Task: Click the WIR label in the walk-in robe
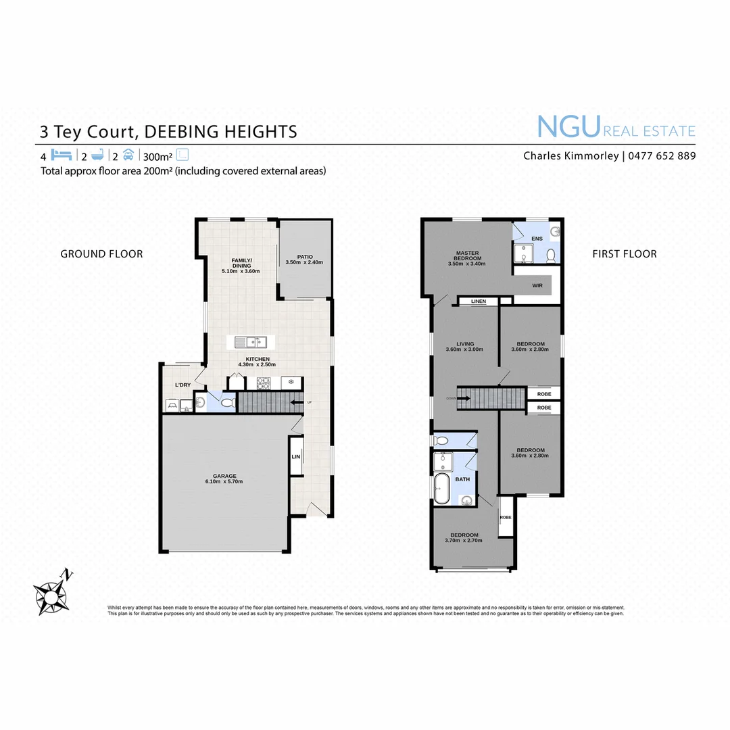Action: pyautogui.click(x=537, y=286)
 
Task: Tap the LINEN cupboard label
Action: pyautogui.click(x=479, y=301)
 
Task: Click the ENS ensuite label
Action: pyautogui.click(x=537, y=239)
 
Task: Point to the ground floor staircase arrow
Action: pyautogui.click(x=296, y=404)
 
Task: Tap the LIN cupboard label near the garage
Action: pyautogui.click(x=295, y=458)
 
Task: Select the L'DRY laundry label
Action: pyautogui.click(x=182, y=385)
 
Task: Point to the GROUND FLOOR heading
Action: pyautogui.click(x=101, y=254)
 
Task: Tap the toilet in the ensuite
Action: pyautogui.click(x=551, y=255)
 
